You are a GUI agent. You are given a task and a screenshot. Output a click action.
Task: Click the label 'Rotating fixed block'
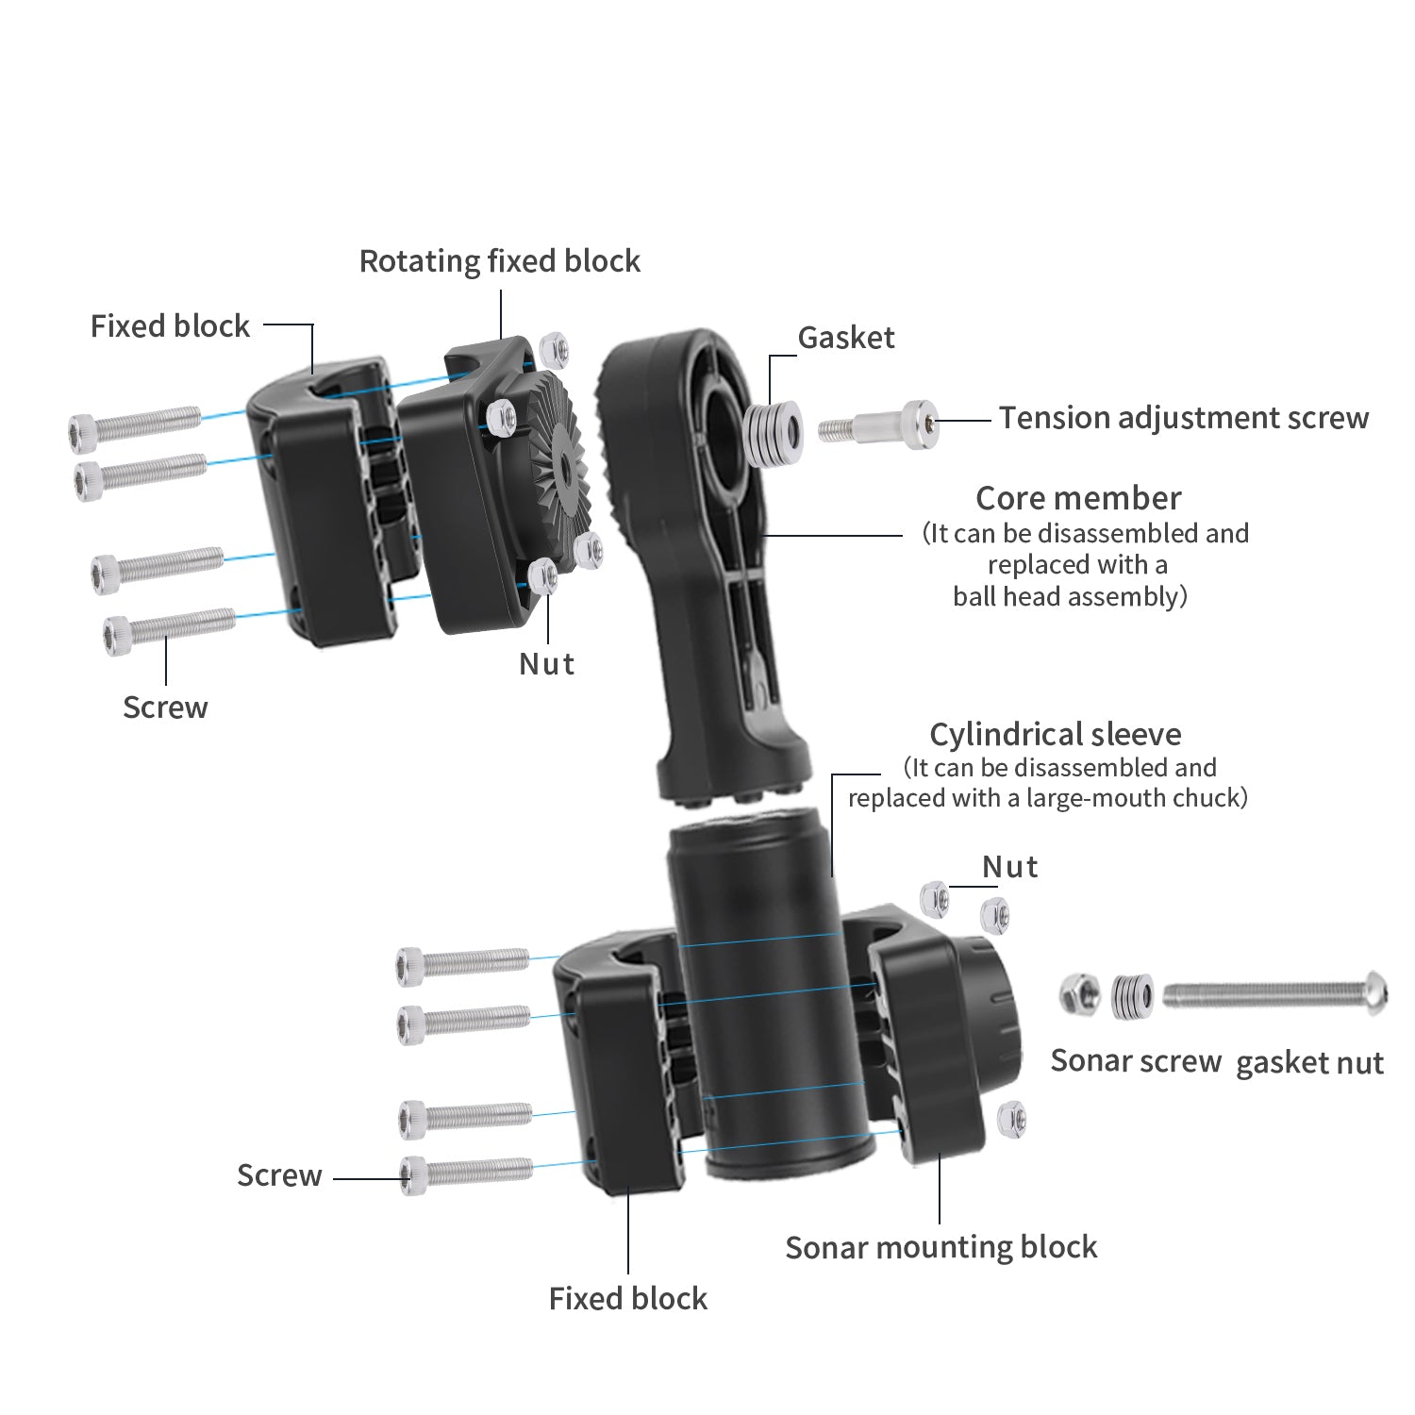[499, 261]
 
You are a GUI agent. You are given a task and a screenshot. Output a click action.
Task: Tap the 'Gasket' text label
[845, 338]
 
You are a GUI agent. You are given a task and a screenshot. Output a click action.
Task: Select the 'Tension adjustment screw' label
[1183, 418]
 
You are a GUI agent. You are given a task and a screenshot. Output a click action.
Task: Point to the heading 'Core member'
[1077, 498]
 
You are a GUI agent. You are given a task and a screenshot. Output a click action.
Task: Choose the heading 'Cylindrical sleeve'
[1055, 734]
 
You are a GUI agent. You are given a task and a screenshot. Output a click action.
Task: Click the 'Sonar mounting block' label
[941, 1247]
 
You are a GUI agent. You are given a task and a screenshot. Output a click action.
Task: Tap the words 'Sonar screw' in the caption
[1136, 1061]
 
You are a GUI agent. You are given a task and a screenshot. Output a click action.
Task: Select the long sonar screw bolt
[1273, 994]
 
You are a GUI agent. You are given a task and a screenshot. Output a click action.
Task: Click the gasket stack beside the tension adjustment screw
[774, 433]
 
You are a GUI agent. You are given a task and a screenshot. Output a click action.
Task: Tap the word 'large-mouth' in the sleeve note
[1095, 798]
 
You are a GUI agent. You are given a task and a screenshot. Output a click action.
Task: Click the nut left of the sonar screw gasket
[1079, 994]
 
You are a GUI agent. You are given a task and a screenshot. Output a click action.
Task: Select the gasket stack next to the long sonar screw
[1131, 996]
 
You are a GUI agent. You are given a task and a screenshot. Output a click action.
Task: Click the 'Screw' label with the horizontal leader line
[279, 1175]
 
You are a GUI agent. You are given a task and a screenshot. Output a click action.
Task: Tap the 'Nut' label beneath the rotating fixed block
[546, 664]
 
